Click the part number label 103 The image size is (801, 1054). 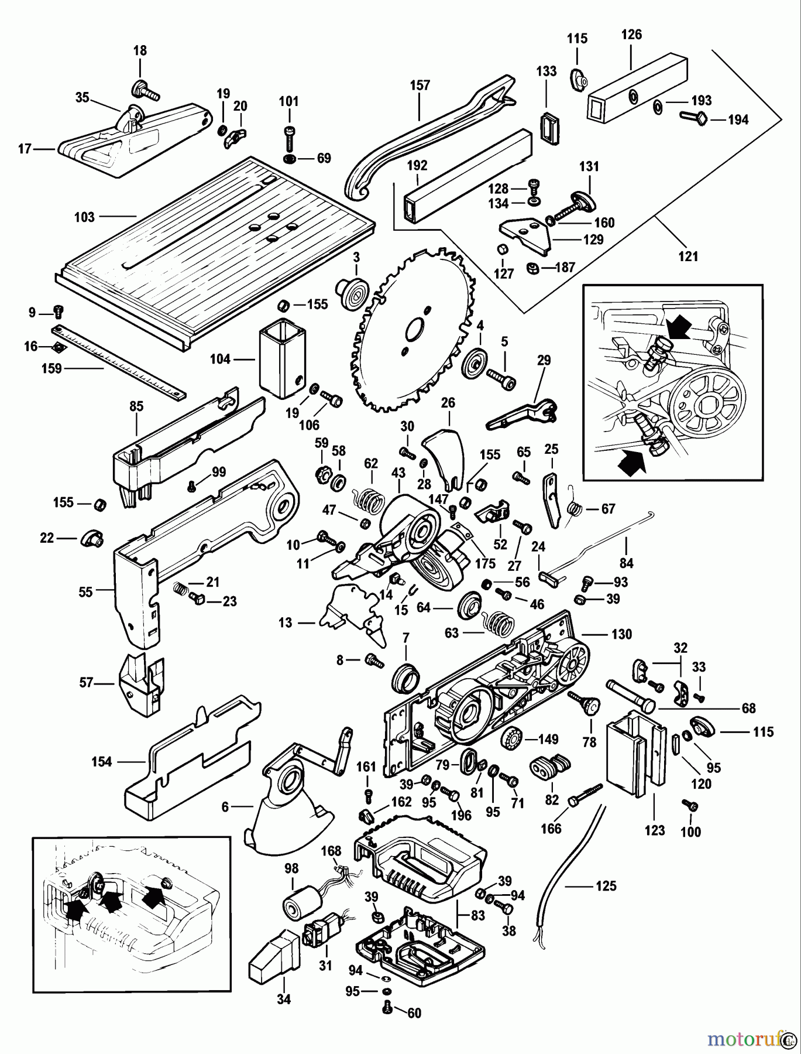tap(84, 217)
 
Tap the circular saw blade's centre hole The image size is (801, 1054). tap(416, 329)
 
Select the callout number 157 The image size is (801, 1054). tap(420, 85)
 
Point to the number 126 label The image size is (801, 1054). tap(631, 35)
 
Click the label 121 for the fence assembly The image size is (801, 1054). tap(688, 256)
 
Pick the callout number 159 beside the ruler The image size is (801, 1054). tap(52, 369)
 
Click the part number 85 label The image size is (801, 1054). tap(136, 406)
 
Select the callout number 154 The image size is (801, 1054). tap(102, 762)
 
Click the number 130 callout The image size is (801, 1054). tap(622, 634)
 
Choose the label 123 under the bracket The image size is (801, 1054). tap(655, 830)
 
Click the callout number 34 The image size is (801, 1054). tap(283, 1000)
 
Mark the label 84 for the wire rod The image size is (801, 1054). tap(626, 563)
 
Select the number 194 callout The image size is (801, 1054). tap(738, 119)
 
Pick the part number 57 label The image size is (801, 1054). tap(87, 683)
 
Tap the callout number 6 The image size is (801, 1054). tap(225, 807)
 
